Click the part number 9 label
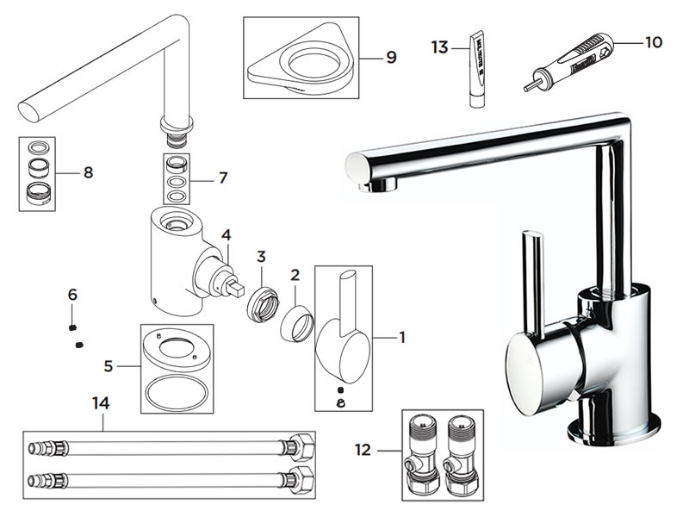tap(391, 57)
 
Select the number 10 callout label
tap(654, 40)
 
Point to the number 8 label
tap(88, 171)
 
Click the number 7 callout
tap(222, 178)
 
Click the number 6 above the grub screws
tap(72, 295)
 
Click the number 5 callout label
tap(109, 365)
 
